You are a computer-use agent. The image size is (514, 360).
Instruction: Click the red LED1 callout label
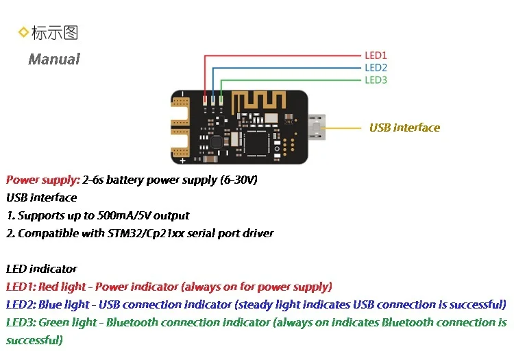(x=376, y=56)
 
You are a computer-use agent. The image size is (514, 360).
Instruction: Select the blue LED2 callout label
(x=376, y=67)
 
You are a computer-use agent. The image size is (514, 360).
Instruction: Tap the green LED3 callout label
(x=376, y=80)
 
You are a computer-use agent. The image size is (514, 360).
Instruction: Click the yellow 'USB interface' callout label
(x=404, y=128)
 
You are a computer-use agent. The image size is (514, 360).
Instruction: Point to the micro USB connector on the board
(x=317, y=128)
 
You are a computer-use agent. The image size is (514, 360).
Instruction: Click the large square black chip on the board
(x=257, y=143)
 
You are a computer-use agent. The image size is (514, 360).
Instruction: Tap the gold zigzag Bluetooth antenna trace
(x=258, y=101)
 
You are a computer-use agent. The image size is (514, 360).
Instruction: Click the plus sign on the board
(x=182, y=160)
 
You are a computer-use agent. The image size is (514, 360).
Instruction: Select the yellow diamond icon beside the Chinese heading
(x=23, y=32)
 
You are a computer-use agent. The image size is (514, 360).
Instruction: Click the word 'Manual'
(x=54, y=59)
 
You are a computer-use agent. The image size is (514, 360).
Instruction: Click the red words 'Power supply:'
(x=43, y=180)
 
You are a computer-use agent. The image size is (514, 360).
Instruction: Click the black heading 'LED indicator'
(x=41, y=269)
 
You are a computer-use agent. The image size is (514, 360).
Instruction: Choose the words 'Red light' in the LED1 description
(x=62, y=287)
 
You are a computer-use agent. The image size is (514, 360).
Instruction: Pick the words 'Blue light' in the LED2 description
(x=64, y=304)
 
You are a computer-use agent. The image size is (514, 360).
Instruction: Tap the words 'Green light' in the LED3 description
(x=68, y=322)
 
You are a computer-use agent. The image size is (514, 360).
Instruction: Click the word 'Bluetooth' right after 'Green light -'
(x=132, y=322)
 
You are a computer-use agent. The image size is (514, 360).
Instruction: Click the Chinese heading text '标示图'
(x=55, y=32)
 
